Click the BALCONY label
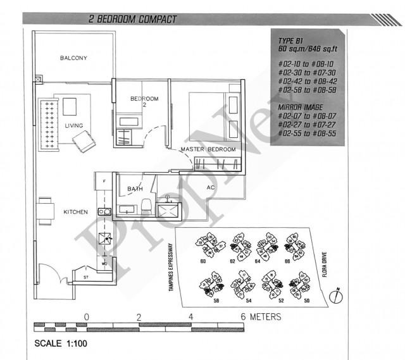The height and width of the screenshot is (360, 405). [73, 58]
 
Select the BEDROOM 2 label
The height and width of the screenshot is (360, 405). [144, 102]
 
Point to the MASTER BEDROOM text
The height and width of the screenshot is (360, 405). [208, 149]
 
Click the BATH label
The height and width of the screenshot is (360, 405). [134, 189]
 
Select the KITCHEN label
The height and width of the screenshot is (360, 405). [75, 212]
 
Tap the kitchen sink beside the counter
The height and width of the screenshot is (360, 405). [104, 211]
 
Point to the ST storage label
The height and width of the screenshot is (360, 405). [86, 276]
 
